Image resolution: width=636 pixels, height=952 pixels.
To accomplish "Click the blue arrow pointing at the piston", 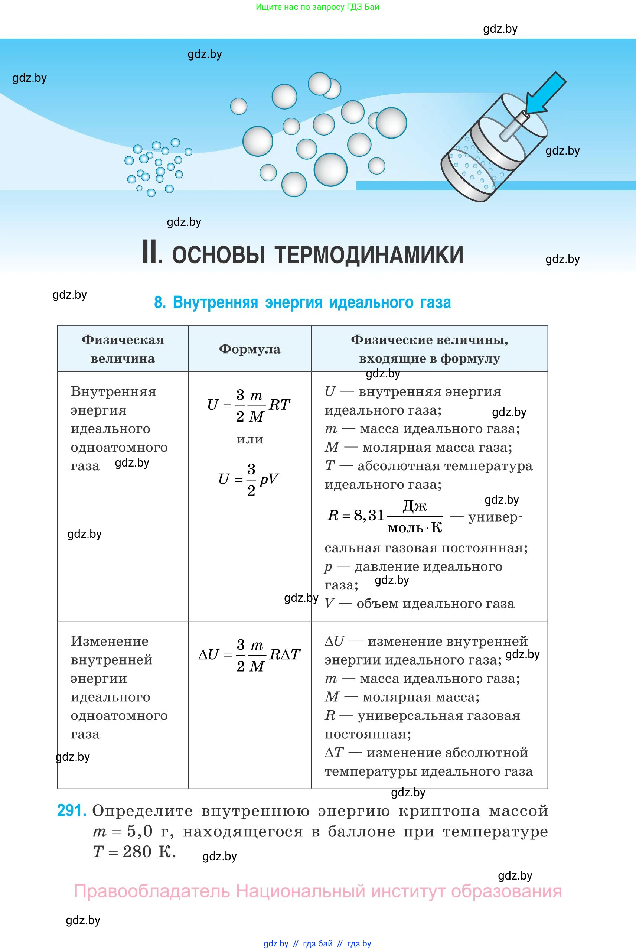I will click(545, 94).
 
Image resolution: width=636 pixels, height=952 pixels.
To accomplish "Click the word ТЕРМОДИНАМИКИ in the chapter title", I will click(369, 255).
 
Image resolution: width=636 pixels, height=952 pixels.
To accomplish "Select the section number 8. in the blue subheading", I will click(160, 303).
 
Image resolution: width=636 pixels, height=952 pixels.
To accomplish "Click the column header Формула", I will click(249, 349).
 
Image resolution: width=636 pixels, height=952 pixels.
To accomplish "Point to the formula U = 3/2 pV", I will click(248, 480).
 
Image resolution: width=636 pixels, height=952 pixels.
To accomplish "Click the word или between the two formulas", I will click(250, 439).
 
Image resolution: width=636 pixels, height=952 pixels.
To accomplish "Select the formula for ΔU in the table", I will click(249, 655).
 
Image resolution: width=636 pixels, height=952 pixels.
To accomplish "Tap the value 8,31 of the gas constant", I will click(369, 515).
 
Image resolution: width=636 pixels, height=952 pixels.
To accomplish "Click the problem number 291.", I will click(71, 810).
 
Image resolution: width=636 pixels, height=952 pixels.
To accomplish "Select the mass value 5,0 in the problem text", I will click(140, 831).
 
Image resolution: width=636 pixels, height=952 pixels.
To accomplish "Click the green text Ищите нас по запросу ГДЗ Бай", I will click(317, 7).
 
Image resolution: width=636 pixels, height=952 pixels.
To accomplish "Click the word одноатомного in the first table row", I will click(119, 447).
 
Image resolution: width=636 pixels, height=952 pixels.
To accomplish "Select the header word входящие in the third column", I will click(393, 359).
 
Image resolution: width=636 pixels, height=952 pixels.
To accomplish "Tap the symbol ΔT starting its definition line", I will click(334, 753).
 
